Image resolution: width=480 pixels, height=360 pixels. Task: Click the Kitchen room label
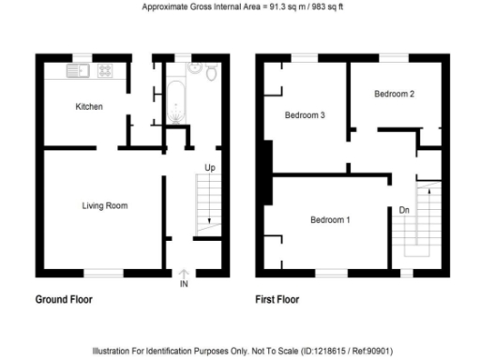point(89,107)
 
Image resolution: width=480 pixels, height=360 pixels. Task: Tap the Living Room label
point(102,205)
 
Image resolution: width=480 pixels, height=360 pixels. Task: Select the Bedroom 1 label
point(330,220)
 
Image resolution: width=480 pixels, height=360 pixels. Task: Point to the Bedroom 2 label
point(394,94)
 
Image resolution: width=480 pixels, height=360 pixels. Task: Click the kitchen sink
point(76,69)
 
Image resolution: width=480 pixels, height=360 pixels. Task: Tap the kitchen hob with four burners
point(104,69)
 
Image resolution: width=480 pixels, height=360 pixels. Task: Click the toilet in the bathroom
point(212,72)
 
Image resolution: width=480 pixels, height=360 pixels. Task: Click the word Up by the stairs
point(212,168)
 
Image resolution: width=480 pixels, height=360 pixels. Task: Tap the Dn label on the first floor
point(403,210)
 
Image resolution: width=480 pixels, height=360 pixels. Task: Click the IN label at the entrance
point(184,284)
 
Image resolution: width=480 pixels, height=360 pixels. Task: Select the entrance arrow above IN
point(184,274)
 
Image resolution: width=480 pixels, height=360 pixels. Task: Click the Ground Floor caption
point(64,301)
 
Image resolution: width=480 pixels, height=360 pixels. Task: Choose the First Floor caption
point(278,301)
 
